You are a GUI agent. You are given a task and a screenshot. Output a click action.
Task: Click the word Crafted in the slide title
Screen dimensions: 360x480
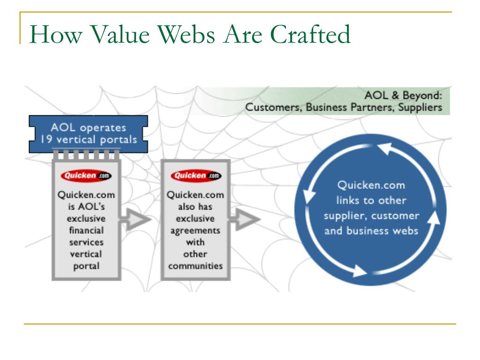coord(307,35)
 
